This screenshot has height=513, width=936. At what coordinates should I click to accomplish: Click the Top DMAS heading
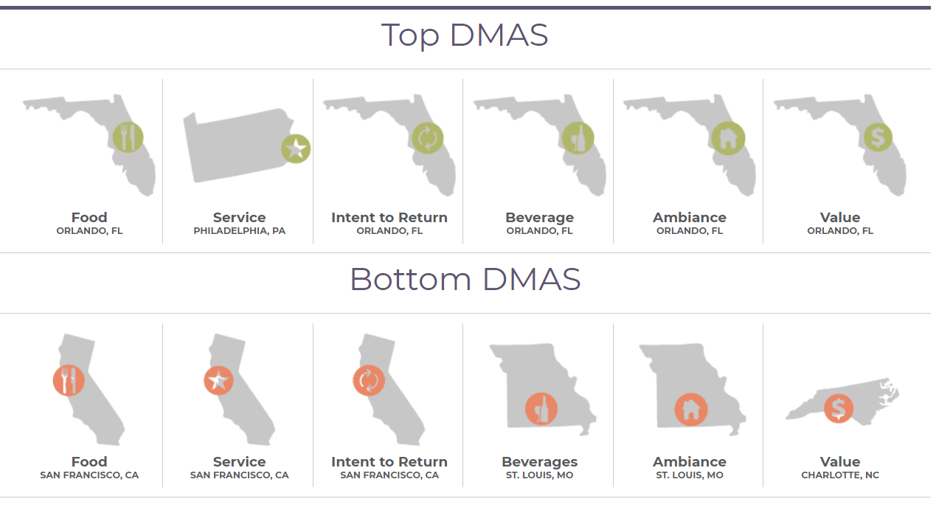click(x=465, y=35)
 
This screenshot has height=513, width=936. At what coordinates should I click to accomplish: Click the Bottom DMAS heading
click(x=465, y=279)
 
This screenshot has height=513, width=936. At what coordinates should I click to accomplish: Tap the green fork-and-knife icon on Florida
click(x=128, y=137)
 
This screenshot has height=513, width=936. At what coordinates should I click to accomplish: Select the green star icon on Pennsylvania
click(x=296, y=149)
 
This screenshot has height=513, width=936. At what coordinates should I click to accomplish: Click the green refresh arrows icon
click(x=428, y=138)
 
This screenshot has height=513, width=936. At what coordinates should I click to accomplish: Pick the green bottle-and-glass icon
click(x=578, y=138)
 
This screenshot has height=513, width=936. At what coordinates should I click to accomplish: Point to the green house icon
click(x=728, y=138)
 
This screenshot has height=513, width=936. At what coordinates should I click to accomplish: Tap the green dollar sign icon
click(x=878, y=137)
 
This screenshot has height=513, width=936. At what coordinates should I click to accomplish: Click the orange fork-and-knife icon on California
click(x=69, y=380)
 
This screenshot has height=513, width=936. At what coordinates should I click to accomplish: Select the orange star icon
click(x=218, y=380)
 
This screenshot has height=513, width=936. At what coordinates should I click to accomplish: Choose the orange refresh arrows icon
click(x=369, y=380)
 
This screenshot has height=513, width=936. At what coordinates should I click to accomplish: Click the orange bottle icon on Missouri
click(x=541, y=409)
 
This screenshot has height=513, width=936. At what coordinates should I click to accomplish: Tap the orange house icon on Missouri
click(x=691, y=410)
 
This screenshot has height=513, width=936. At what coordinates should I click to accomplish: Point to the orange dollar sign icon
click(x=839, y=408)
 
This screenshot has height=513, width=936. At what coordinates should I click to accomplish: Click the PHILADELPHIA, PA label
click(x=240, y=231)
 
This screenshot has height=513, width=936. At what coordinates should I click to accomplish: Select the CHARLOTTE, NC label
click(x=840, y=475)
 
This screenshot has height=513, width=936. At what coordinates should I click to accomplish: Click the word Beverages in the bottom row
click(x=539, y=461)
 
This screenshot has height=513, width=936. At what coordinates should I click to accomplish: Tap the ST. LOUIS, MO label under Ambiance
click(x=690, y=475)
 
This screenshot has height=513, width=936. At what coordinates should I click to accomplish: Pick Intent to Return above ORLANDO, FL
click(x=389, y=218)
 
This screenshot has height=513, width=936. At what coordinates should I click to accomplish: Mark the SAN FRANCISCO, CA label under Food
click(x=89, y=475)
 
